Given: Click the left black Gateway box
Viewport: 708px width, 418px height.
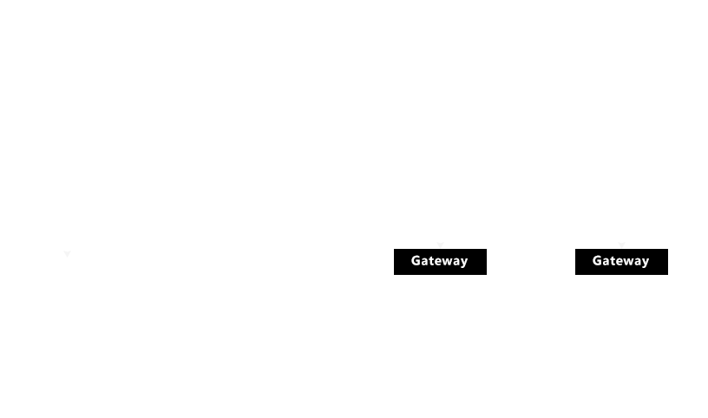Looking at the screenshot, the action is (440, 262).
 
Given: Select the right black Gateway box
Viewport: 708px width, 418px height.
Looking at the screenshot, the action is (621, 262).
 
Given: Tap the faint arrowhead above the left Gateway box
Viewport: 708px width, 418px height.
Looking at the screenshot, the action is (440, 245).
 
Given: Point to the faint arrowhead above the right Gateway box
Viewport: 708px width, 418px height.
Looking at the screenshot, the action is (622, 245).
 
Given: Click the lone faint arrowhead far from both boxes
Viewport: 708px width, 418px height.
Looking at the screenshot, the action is (68, 254).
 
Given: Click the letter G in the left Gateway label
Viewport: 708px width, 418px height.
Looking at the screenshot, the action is (416, 260).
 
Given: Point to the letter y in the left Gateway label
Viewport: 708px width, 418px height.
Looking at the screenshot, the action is (464, 263).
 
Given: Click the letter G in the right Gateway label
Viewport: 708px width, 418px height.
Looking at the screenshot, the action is (597, 260).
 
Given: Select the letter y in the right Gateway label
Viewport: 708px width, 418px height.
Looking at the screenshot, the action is (646, 263).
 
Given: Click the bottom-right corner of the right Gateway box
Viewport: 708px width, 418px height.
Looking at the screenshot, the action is (668, 274).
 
